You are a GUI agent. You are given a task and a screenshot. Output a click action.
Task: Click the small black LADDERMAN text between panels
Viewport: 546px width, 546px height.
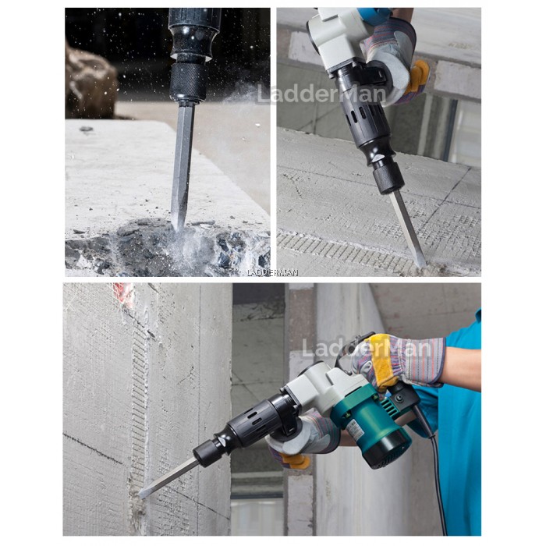click(272, 272)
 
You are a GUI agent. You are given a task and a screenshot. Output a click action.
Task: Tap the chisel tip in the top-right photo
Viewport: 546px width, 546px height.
click(421, 262)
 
